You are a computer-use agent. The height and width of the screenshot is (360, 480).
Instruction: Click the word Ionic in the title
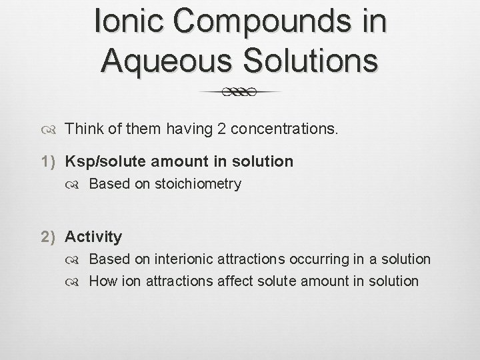click(x=131, y=20)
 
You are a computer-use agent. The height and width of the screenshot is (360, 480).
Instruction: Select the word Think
click(x=85, y=128)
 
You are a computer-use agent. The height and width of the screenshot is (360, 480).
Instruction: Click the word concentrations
click(x=287, y=128)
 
